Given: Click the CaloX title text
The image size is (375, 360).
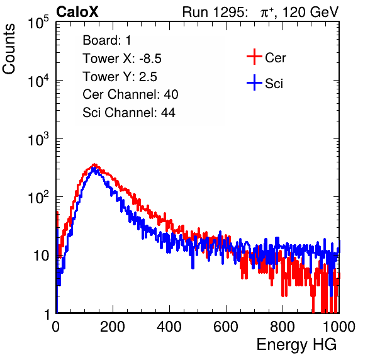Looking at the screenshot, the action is [x=77, y=12].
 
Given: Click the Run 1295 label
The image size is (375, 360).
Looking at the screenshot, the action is [x=215, y=12].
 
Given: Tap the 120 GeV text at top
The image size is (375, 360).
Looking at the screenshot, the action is [x=311, y=12].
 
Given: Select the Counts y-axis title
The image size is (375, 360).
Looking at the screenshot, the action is [x=9, y=49].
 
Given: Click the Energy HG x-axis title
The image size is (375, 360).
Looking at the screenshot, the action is [x=296, y=345].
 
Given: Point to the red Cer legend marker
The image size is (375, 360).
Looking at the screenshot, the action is [x=254, y=57].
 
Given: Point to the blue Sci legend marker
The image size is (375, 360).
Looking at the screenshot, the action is [x=254, y=82].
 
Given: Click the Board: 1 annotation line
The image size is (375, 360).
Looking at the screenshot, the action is [x=107, y=40].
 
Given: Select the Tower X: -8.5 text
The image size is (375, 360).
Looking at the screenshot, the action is [x=122, y=59].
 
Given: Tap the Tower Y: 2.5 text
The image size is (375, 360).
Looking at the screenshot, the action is [x=120, y=77].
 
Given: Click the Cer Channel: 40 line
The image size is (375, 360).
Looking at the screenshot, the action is [x=130, y=94].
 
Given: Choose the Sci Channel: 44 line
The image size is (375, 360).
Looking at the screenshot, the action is [x=129, y=113].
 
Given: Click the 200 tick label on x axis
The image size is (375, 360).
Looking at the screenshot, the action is [x=113, y=327].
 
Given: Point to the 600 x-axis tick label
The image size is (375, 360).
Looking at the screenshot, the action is [x=226, y=327].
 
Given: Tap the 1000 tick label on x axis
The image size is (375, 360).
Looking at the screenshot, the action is [x=339, y=327].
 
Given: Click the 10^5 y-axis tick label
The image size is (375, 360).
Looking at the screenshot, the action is [x=38, y=22].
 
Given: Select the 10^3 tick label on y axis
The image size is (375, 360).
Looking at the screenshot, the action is [x=38, y=139].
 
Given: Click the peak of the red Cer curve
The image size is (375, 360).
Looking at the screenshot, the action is [x=95, y=164].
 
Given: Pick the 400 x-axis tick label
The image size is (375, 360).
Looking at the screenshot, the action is [x=169, y=327].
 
